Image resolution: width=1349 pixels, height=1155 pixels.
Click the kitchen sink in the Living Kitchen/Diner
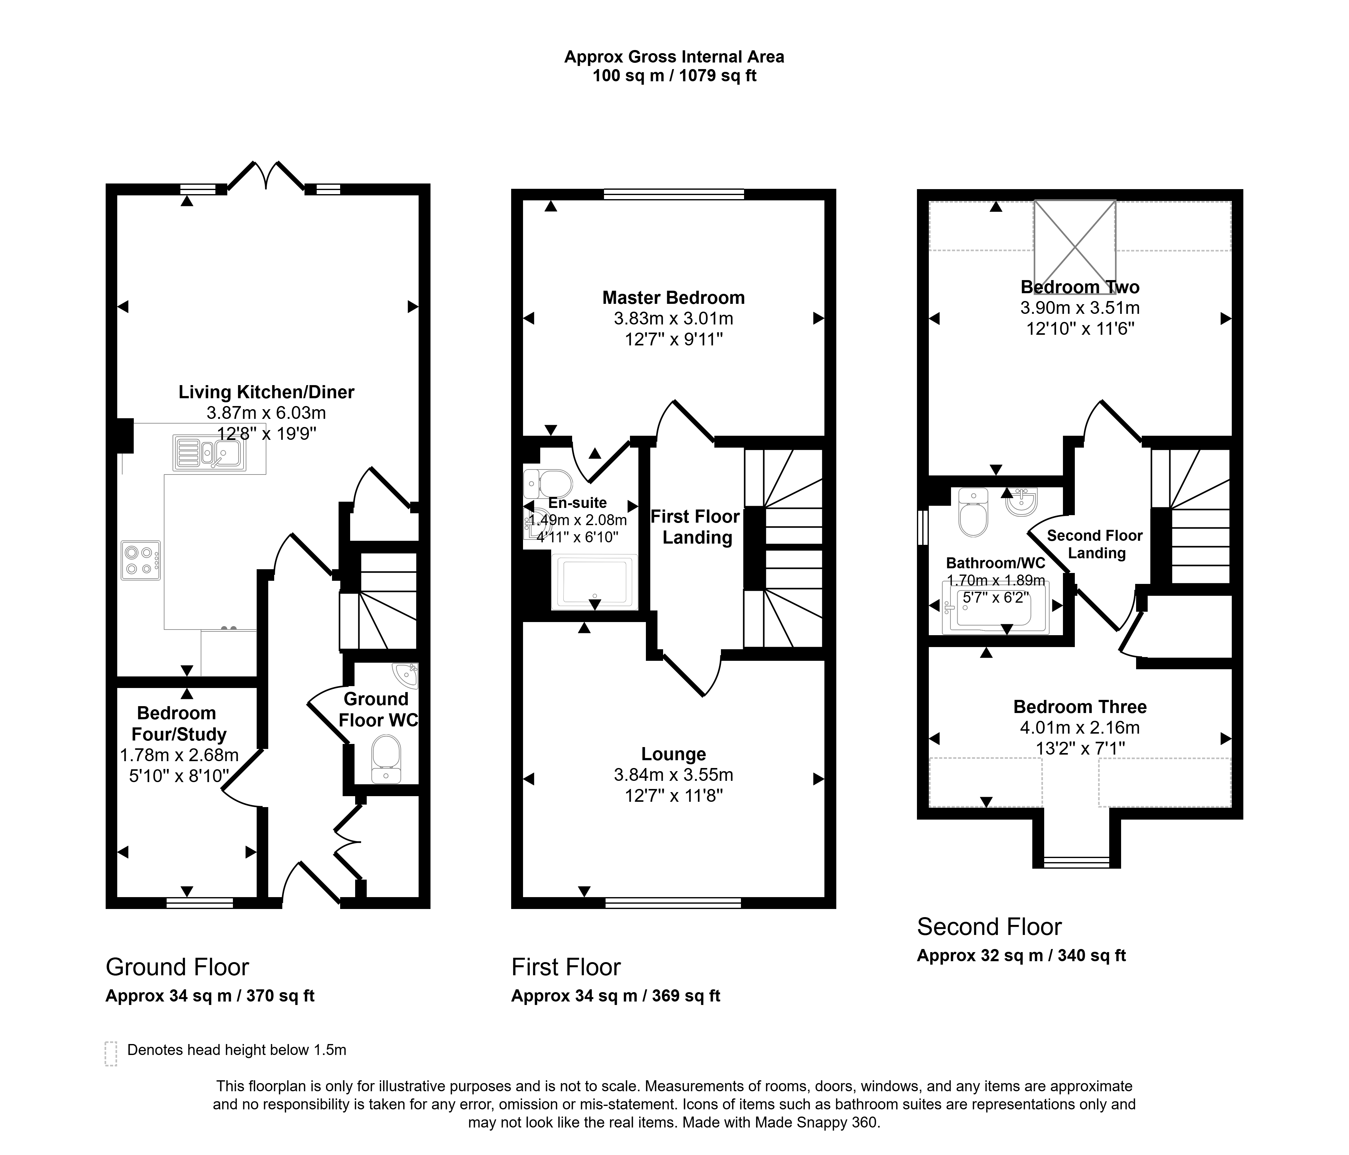pyautogui.click(x=210, y=453)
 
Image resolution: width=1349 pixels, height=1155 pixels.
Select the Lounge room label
pyautogui.click(x=673, y=754)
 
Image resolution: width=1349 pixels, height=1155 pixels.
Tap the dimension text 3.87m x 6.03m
pyautogui.click(x=266, y=413)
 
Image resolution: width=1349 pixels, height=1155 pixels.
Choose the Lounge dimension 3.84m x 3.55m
pyautogui.click(x=673, y=775)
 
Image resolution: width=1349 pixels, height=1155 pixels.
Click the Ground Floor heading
pyautogui.click(x=177, y=967)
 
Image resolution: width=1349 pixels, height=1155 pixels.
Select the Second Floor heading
pyautogui.click(x=989, y=927)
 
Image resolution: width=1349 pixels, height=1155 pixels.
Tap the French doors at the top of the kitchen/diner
pyautogui.click(x=266, y=176)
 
